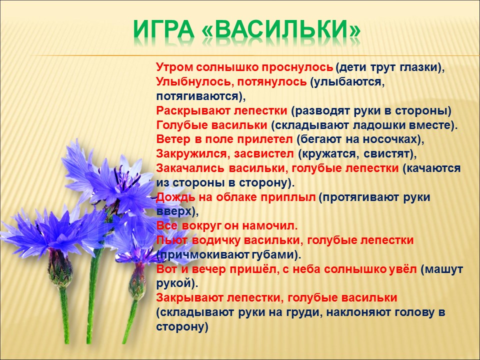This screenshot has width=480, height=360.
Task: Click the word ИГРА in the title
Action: [x=164, y=30]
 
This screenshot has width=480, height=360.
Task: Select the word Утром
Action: [x=174, y=67]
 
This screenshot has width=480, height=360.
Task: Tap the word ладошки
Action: [x=378, y=125]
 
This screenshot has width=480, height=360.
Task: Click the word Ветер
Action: [x=173, y=139]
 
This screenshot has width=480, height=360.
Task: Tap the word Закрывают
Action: [x=189, y=297]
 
